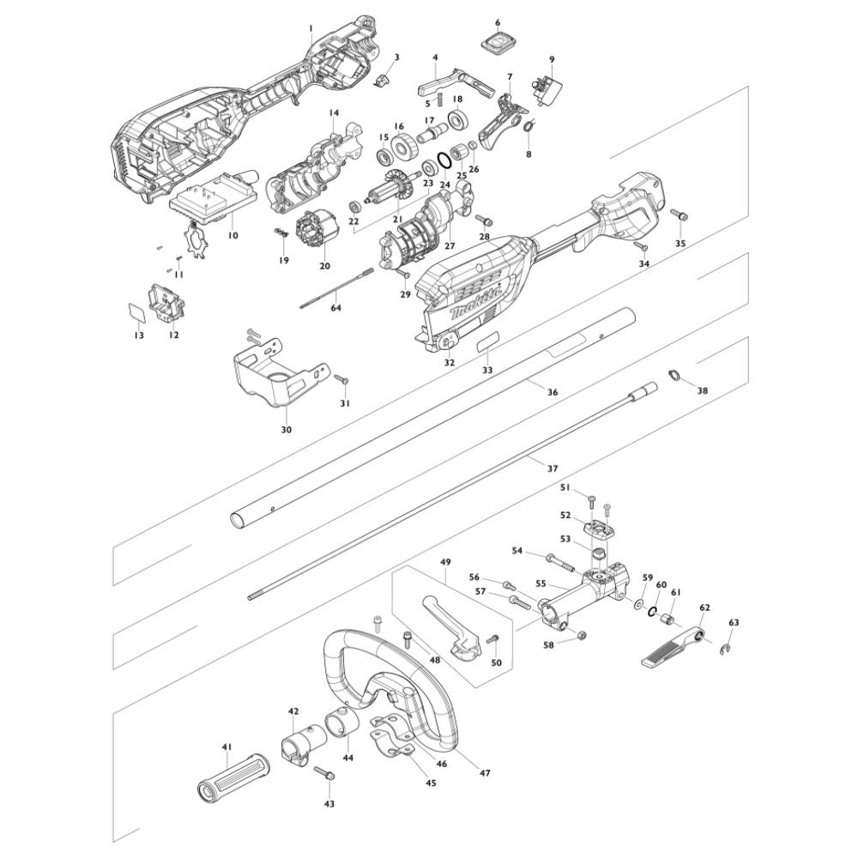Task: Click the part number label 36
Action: coord(553,392)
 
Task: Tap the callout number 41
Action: coord(227,747)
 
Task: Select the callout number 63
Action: coord(733,622)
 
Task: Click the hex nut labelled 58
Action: coord(580,635)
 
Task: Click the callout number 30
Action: coord(287,430)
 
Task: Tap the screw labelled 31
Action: coord(340,378)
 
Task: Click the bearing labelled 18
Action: coord(457,118)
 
